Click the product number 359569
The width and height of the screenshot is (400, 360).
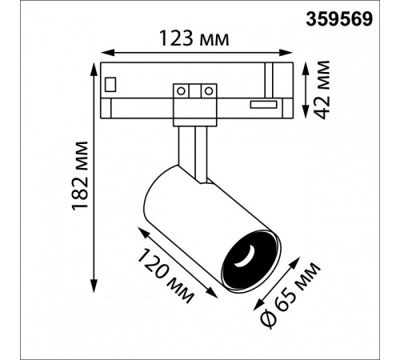(x=339, y=19)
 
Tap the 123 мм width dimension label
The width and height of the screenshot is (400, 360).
(x=194, y=39)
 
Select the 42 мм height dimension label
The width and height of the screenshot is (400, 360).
(x=321, y=90)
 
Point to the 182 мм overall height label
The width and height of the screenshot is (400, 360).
(x=80, y=176)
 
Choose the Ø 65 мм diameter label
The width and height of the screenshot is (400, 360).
(x=290, y=295)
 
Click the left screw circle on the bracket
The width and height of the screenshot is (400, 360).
(x=181, y=91)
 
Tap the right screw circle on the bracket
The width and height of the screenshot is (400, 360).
(x=209, y=91)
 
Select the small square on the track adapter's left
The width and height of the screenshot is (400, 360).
(x=110, y=85)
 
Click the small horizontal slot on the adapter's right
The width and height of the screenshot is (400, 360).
(x=263, y=105)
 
